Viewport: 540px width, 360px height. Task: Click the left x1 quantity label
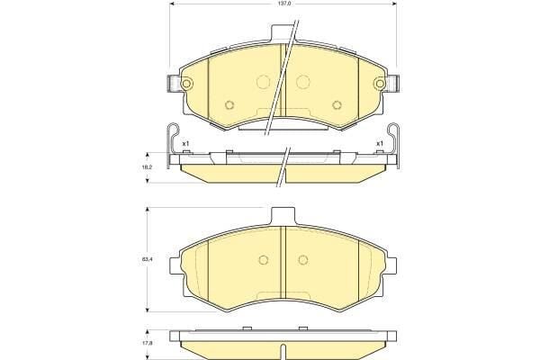click(185, 143)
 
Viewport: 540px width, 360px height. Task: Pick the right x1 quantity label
click(379, 143)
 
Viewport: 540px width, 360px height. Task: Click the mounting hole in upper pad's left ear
click(187, 85)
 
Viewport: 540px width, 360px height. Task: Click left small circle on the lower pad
click(264, 261)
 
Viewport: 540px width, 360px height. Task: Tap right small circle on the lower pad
click(301, 261)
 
